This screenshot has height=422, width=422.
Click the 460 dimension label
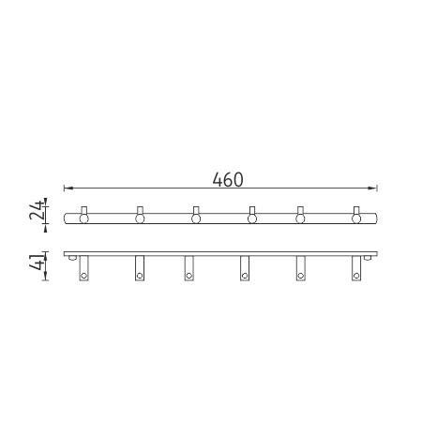tap(228, 180)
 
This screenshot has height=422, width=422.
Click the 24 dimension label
tap(37, 210)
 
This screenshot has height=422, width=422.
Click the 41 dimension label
tap(37, 262)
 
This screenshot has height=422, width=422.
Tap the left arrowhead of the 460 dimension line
tap(68, 188)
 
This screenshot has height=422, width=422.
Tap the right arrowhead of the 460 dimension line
tap(372, 188)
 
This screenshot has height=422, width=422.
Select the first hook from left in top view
tap(83, 215)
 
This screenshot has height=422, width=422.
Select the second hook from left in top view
tap(140, 215)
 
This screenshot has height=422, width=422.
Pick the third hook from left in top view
tap(196, 215)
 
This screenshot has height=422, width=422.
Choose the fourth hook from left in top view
tap(252, 215)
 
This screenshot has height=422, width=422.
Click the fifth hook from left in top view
tap(300, 215)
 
